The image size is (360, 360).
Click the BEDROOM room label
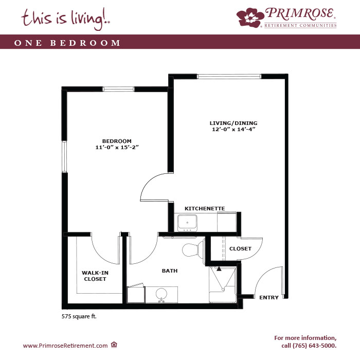(x=117, y=141)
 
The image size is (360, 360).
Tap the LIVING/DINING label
(x=233, y=123)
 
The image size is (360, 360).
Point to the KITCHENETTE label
(x=205, y=208)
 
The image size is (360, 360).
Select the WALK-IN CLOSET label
(x=95, y=276)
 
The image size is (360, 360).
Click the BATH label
(x=170, y=271)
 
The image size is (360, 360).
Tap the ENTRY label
(x=269, y=298)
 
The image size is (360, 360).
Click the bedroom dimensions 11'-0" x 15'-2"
(x=117, y=147)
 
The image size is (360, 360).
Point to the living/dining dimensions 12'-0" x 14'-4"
(x=233, y=129)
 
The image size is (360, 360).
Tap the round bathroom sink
(x=161, y=294)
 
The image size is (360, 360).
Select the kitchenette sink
(x=187, y=223)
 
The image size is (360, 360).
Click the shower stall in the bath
(x=223, y=284)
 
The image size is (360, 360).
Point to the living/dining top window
(x=229, y=77)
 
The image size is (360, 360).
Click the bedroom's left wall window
(x=64, y=156)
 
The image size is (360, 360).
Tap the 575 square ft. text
(x=79, y=316)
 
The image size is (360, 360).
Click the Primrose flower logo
(x=250, y=17)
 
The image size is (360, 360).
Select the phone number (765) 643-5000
(x=314, y=346)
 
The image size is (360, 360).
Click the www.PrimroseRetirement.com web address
(x=65, y=346)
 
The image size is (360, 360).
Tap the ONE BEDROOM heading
(x=67, y=43)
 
